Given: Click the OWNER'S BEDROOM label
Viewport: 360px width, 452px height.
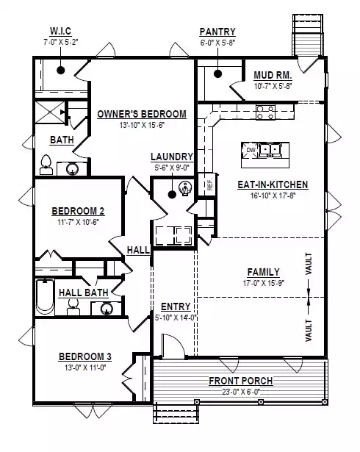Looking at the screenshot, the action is tap(142, 114).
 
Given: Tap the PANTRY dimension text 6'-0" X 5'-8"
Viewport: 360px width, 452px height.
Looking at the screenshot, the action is tap(218, 43).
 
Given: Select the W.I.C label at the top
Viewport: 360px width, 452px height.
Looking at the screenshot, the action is tap(60, 31).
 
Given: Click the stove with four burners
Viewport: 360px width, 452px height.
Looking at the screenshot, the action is tap(265, 112).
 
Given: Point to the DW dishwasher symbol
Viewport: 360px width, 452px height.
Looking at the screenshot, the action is tap(251, 150).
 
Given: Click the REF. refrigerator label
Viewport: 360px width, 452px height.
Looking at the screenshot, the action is tap(210, 184).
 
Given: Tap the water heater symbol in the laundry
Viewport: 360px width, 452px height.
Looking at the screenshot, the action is tap(184, 189).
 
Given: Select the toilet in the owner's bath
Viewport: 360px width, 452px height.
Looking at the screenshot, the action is tap(46, 165).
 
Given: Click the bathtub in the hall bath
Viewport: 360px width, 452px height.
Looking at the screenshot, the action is tap(45, 297).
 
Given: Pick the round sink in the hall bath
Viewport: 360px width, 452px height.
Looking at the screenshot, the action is tap(107, 309).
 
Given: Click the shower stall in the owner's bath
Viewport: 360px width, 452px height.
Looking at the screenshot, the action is tap(50, 112).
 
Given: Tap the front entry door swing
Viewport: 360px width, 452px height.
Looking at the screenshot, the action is tap(173, 345).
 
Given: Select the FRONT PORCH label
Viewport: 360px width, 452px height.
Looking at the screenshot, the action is tap(241, 381).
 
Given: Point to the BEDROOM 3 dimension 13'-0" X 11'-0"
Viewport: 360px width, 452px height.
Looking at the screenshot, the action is tap(85, 367).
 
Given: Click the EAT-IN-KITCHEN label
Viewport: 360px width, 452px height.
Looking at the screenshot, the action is tap(273, 184).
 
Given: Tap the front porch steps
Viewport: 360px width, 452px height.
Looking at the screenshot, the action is tap(176, 413).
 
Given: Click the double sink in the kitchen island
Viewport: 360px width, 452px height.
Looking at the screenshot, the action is tap(270, 150).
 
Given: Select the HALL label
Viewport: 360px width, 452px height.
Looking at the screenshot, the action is tap(138, 250).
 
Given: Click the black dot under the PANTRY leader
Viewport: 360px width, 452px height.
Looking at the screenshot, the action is tap(218, 73).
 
